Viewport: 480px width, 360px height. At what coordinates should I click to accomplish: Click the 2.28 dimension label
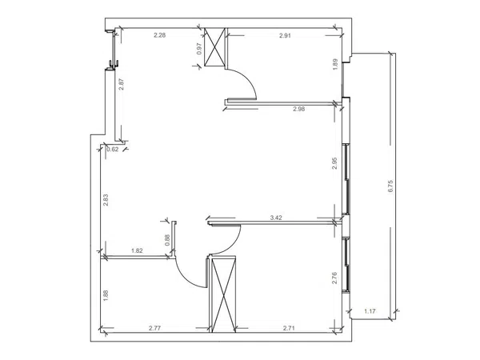point(159,35)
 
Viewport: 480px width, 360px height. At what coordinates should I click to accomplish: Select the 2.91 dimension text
point(285,35)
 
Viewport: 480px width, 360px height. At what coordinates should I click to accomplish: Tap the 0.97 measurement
point(199,49)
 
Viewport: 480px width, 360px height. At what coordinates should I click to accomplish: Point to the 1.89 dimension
point(335,64)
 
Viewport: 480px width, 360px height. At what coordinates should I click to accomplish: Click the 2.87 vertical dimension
point(122,84)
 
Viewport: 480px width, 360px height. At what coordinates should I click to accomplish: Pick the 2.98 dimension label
point(298,109)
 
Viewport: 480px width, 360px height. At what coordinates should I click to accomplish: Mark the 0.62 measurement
point(112,150)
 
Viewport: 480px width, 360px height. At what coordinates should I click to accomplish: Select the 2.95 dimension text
point(334,163)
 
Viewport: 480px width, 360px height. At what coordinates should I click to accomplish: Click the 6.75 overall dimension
point(390,186)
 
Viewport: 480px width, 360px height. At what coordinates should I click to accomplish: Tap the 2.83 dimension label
point(106,200)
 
